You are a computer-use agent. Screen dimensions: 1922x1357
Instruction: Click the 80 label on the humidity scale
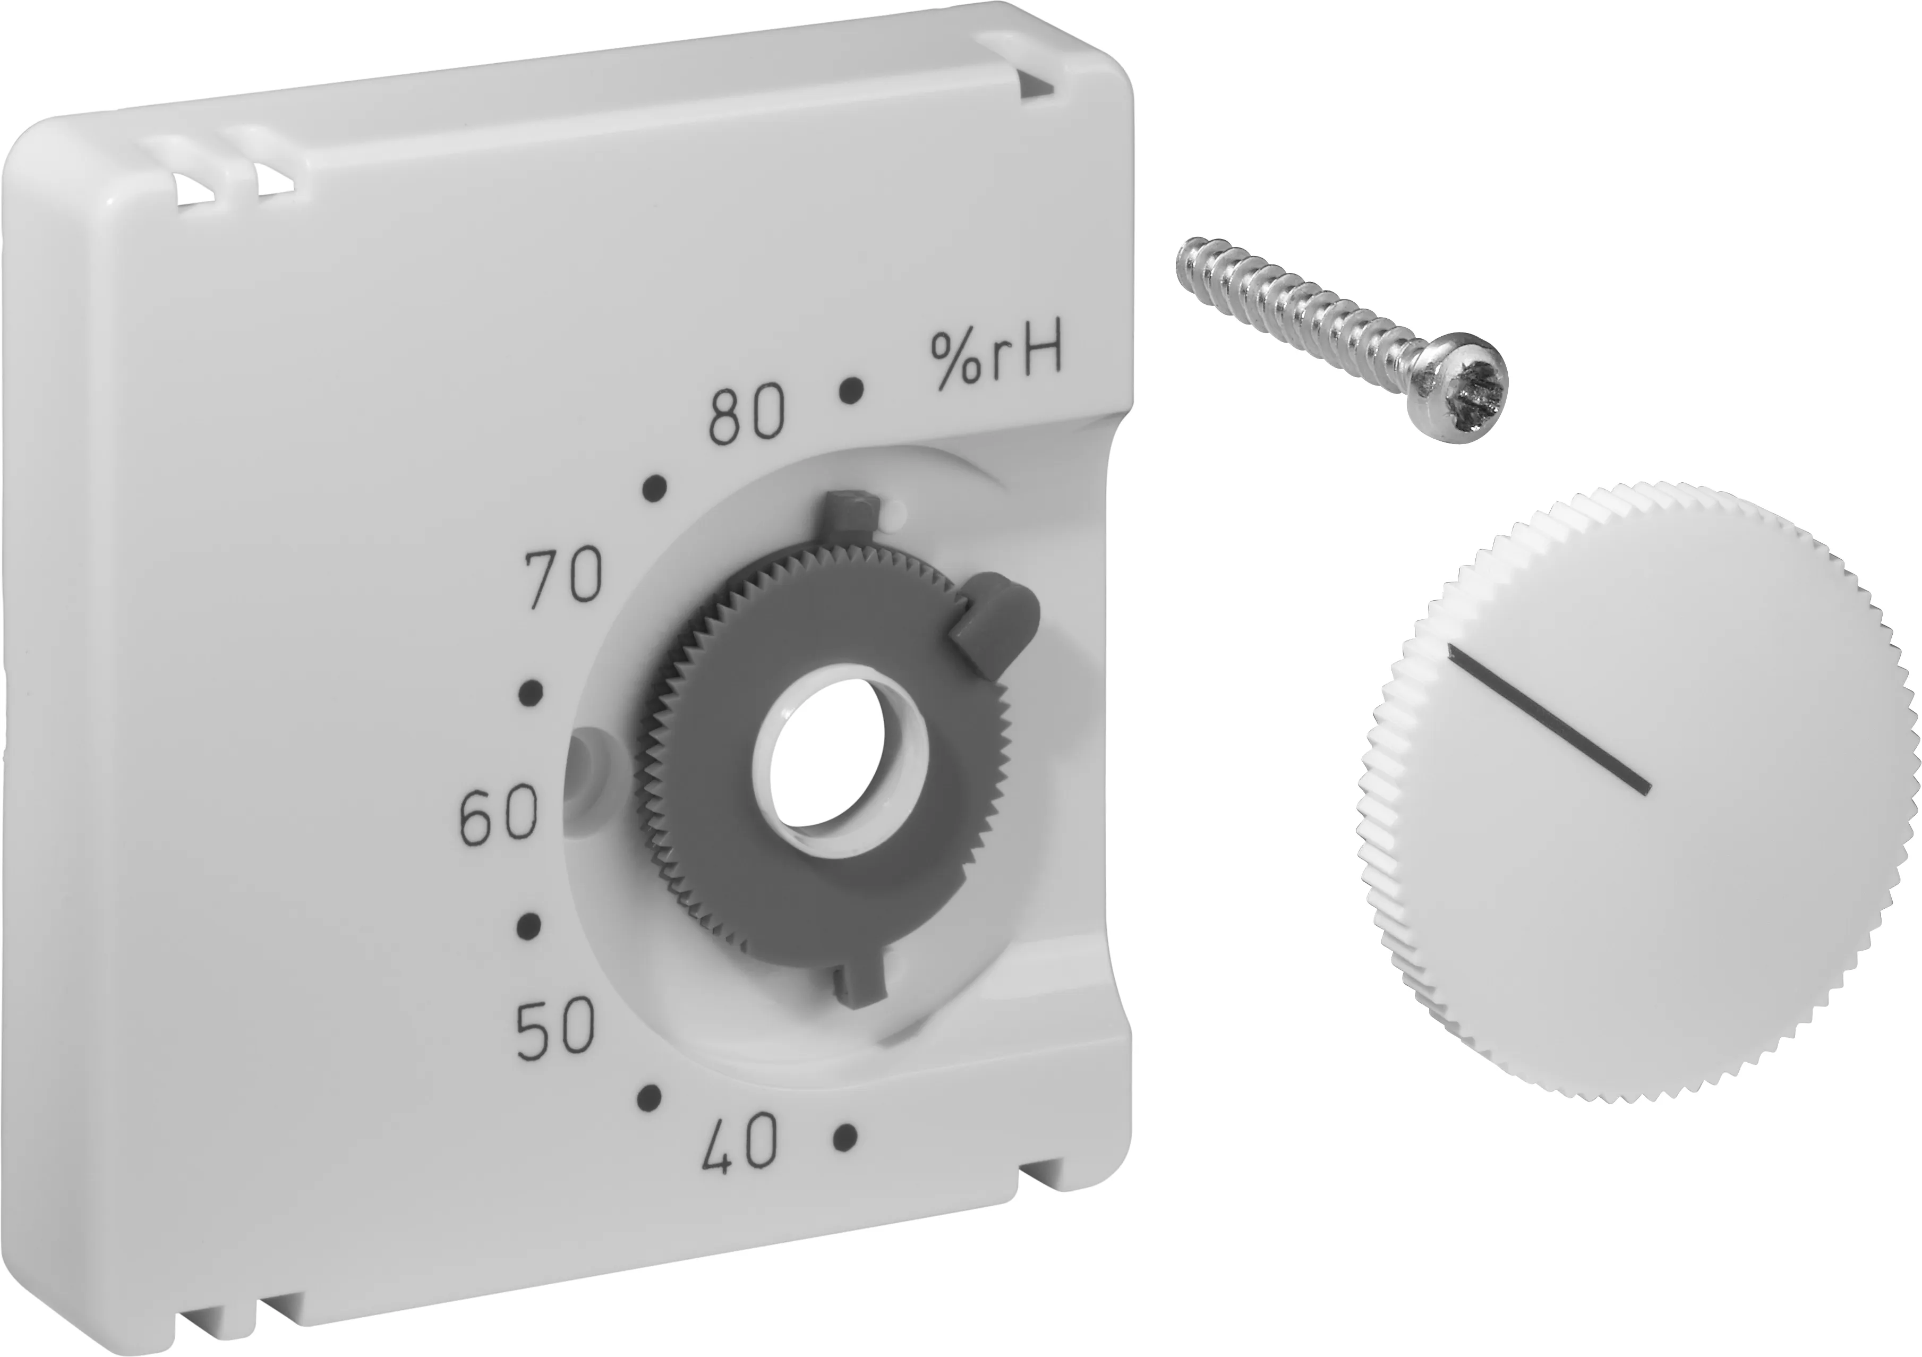[748, 415]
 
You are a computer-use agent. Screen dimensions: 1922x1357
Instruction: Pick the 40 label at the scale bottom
[741, 1146]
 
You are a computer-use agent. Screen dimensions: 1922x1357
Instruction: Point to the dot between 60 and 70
[531, 693]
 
